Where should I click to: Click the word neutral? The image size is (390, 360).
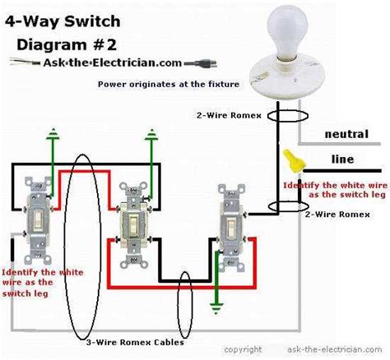[346, 133]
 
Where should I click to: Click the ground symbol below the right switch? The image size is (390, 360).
[216, 309]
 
